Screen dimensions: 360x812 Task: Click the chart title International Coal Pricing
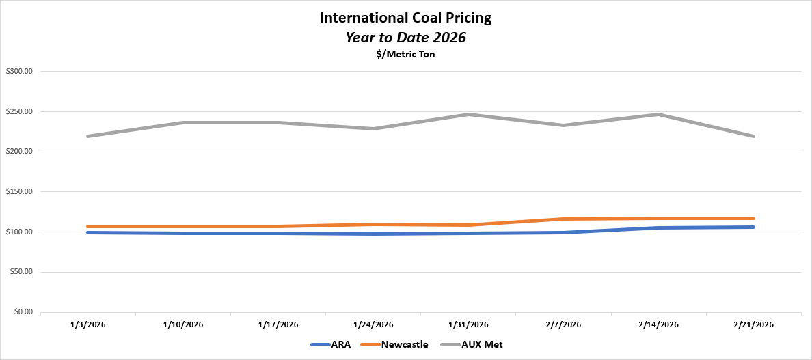click(x=405, y=18)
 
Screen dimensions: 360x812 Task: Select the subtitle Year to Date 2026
click(x=405, y=38)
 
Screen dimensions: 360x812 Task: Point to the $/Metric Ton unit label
click(x=405, y=55)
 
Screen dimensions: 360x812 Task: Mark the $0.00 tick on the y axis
click(x=23, y=312)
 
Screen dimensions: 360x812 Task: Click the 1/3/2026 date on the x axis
click(x=88, y=324)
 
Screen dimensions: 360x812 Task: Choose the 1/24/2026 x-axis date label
click(x=373, y=324)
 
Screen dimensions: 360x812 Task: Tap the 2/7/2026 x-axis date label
click(x=563, y=324)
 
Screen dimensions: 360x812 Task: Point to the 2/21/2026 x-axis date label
click(x=753, y=324)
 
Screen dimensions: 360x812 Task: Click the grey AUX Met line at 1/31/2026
click(x=468, y=114)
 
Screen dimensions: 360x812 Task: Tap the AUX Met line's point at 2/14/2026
click(x=658, y=114)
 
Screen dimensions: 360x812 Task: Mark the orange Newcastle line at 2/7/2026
click(x=563, y=219)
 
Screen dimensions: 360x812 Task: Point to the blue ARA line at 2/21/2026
click(x=753, y=227)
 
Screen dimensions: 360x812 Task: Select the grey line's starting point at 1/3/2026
click(x=88, y=136)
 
